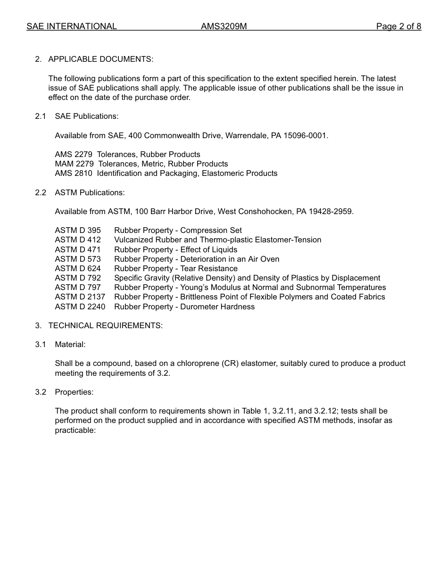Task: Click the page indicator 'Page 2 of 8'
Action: [x=398, y=26]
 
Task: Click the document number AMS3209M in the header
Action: [x=224, y=26]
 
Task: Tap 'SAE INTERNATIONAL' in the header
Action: [x=72, y=26]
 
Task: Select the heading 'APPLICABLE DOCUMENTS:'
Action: [x=100, y=59]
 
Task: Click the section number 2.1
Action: [x=41, y=116]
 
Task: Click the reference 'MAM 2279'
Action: [x=74, y=164]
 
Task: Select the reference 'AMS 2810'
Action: [x=74, y=173]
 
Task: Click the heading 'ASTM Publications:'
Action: [x=90, y=192]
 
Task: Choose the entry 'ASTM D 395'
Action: [x=78, y=230]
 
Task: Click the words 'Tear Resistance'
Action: [x=209, y=268]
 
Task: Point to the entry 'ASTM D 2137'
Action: [x=80, y=297]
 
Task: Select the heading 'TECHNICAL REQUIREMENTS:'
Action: [x=105, y=325]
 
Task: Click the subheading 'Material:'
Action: [x=70, y=344]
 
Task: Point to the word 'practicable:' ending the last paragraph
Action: [x=75, y=430]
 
